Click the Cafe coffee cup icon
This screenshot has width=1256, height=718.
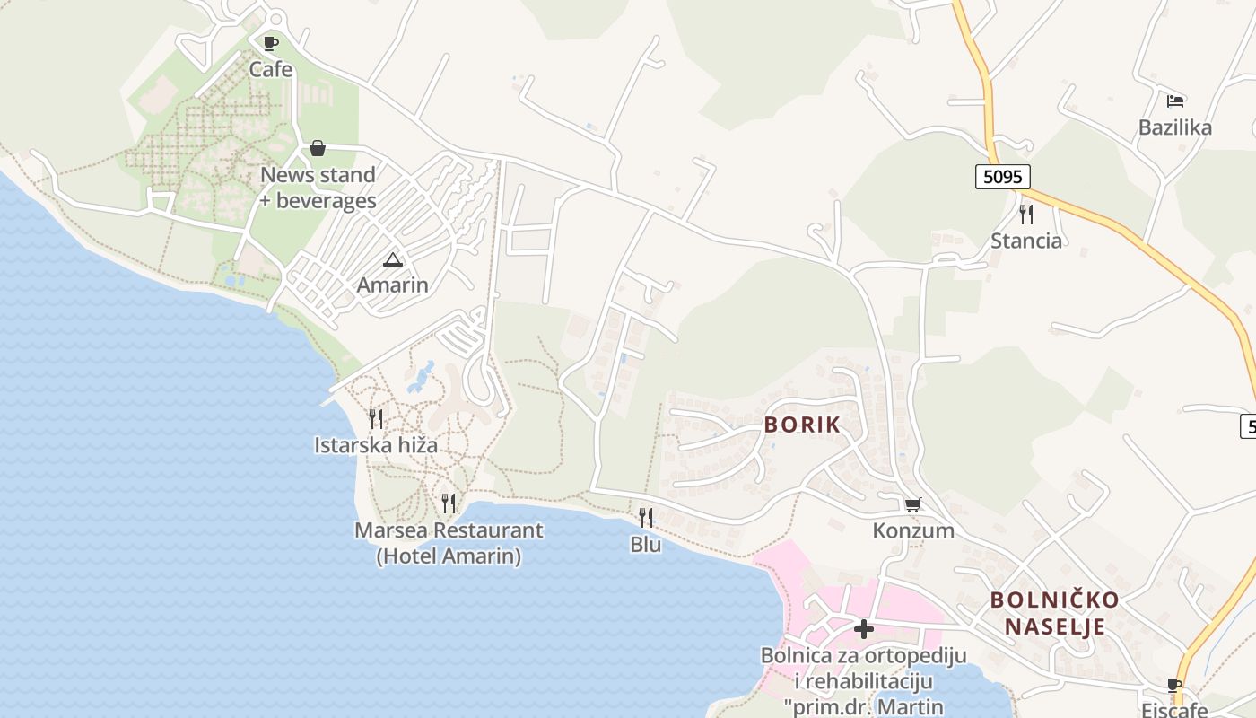click(270, 42)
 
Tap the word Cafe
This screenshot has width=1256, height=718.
click(271, 69)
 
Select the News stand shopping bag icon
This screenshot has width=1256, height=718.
click(318, 148)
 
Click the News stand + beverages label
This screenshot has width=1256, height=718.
click(318, 188)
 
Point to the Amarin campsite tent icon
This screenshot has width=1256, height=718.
click(392, 260)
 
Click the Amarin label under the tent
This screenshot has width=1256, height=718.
click(392, 285)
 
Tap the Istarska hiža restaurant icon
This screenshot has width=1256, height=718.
click(376, 419)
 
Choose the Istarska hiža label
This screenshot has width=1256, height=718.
click(376, 444)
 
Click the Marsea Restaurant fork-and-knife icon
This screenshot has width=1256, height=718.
click(449, 503)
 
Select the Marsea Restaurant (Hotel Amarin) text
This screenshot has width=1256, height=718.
click(449, 543)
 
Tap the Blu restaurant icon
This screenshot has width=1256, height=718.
click(646, 518)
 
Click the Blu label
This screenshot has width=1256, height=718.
click(646, 544)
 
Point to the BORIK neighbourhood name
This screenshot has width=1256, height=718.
click(803, 425)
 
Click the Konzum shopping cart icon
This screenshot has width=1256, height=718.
click(913, 504)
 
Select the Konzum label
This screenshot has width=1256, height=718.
click(913, 530)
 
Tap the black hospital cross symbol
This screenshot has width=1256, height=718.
click(864, 629)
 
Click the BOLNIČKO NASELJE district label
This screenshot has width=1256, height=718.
click(1054, 613)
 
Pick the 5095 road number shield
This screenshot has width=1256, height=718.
click(1002, 177)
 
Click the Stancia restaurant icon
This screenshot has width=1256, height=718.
click(1026, 215)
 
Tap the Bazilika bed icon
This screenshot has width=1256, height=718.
click(1175, 101)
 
